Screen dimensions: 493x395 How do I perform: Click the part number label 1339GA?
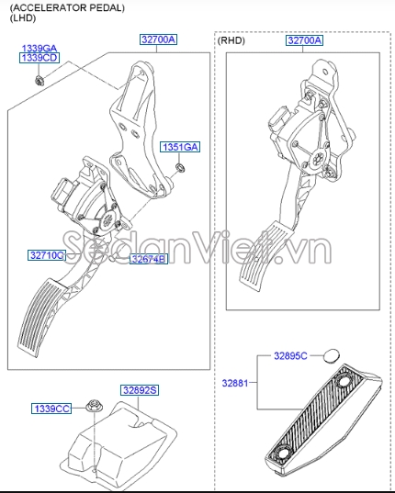tap(39, 47)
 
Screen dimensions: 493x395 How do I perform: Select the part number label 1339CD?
tap(39, 58)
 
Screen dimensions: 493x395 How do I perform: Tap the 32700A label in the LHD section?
tap(158, 40)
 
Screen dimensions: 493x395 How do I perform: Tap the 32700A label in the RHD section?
tap(304, 41)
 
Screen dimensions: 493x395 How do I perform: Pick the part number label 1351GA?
tap(180, 147)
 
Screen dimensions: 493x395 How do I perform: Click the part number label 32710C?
tap(46, 255)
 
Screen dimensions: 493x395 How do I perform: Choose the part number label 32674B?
tap(148, 260)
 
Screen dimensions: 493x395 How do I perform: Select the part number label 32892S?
tap(140, 390)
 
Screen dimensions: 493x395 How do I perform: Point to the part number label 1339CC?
tap(51, 408)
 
